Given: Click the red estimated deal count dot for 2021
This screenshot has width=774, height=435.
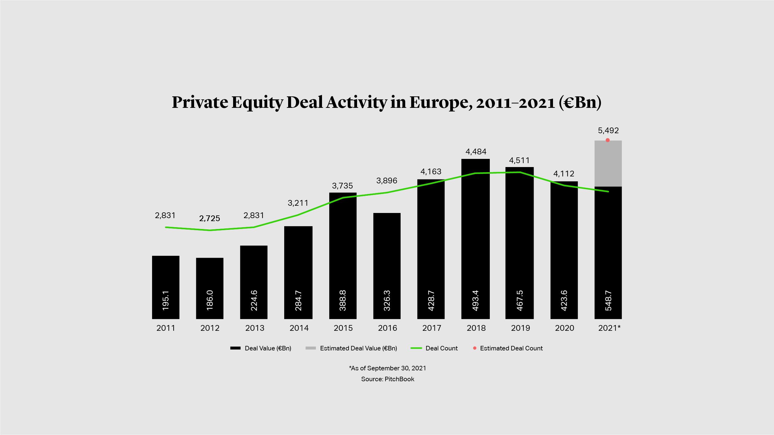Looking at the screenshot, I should click(x=608, y=140).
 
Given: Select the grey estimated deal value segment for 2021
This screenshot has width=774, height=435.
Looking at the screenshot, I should click(x=608, y=163).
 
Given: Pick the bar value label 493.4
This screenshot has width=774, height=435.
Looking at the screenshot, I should click(x=476, y=301).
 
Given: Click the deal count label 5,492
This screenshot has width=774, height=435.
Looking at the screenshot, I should click(x=608, y=130).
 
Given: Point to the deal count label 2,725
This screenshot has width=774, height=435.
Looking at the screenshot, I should click(x=210, y=218).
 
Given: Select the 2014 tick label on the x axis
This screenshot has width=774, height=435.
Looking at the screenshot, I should click(x=299, y=328).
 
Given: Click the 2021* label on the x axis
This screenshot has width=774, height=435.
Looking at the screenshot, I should click(x=609, y=328).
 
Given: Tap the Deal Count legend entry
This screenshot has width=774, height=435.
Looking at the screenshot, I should click(x=441, y=348).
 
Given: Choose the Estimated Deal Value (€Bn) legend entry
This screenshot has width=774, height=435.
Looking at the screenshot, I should click(x=358, y=348).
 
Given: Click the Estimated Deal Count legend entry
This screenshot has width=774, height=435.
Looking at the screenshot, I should click(x=511, y=348).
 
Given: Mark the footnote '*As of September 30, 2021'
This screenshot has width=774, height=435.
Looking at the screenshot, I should click(x=388, y=368).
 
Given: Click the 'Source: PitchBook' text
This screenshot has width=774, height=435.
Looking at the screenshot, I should click(x=388, y=379).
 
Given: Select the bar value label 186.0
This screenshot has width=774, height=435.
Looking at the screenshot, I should click(x=210, y=300).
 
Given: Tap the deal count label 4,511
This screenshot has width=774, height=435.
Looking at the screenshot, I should click(x=519, y=160).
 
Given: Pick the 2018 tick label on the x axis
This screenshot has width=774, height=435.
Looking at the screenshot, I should click(x=476, y=328).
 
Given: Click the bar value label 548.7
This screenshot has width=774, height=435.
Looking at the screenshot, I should click(x=608, y=301).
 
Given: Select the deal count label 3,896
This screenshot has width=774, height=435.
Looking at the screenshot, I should click(x=387, y=181).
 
